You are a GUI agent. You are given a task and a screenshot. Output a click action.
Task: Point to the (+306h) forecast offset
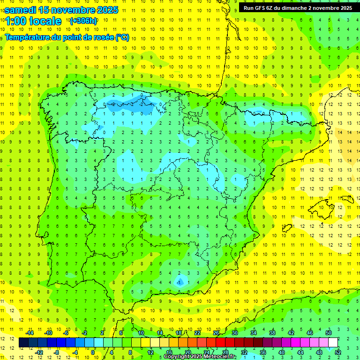(x=83, y=21)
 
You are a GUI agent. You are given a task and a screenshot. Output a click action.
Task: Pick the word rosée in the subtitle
(x=102, y=37)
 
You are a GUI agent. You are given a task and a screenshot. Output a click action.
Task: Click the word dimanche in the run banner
(x=293, y=7)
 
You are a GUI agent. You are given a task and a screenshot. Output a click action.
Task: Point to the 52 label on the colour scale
(x=338, y=352)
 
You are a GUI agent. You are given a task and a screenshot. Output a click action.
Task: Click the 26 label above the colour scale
(x=216, y=333)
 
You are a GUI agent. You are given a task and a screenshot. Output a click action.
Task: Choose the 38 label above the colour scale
(x=272, y=333)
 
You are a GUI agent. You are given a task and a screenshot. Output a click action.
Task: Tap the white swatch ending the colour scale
(x=333, y=342)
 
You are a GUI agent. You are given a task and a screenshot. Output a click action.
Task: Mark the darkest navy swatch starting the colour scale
(x=23, y=342)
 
